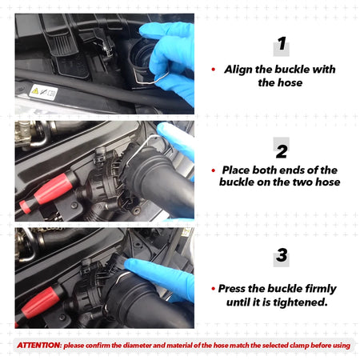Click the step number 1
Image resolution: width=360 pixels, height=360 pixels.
pos(282,43)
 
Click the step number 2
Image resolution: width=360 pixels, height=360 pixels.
pos(282,151)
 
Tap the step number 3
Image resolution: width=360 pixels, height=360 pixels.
pos(282,255)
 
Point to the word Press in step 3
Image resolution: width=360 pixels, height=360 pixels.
pos(232,288)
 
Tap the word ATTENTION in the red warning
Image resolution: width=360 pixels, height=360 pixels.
pos(39,346)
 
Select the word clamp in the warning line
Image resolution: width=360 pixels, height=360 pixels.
pos(299,346)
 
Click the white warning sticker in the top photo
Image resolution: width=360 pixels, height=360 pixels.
pos(43,92)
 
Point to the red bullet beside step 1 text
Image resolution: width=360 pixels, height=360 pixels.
pos(213,70)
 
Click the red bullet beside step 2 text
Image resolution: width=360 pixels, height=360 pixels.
pos(213,170)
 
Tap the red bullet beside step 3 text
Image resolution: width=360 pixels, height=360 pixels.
pos(213,289)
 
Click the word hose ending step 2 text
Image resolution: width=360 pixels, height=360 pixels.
pos(328,182)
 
